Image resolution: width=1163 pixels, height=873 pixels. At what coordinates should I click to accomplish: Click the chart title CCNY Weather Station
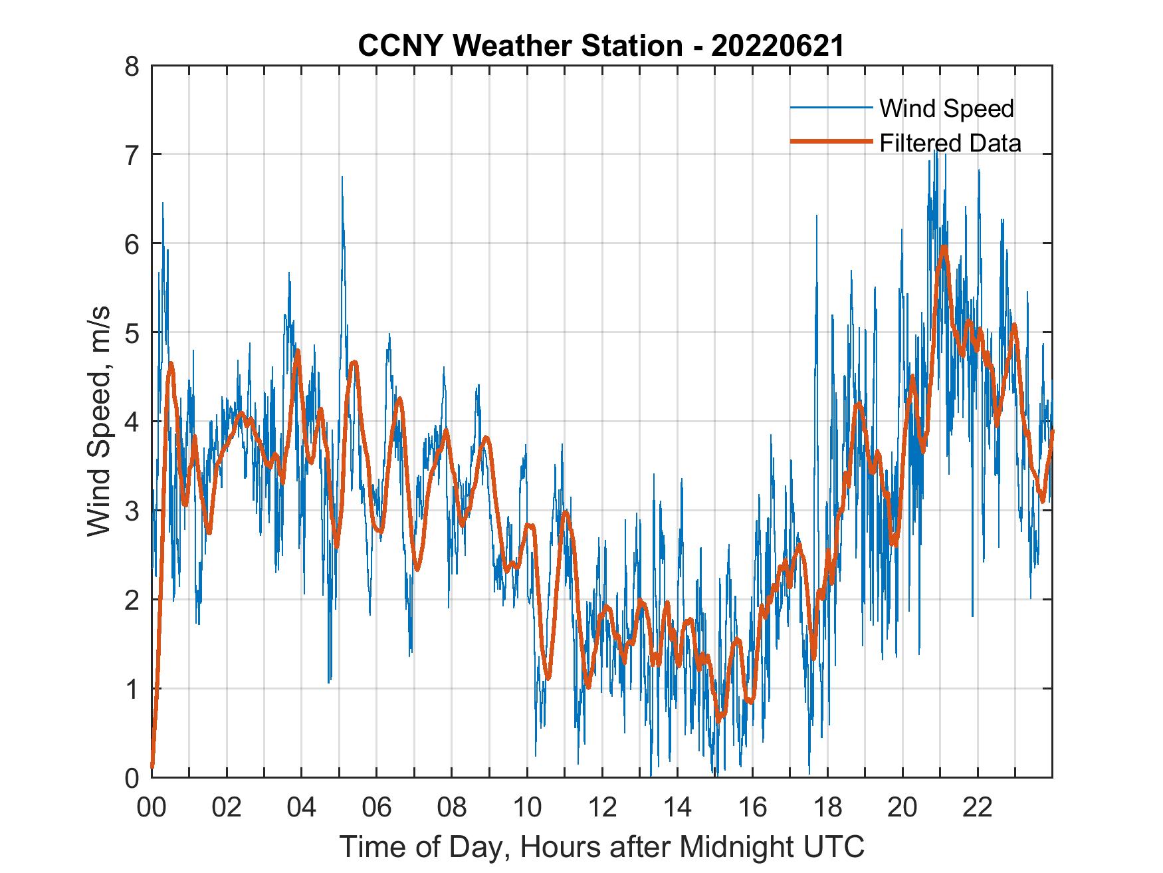point(520,46)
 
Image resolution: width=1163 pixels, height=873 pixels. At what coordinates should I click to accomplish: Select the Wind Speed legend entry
point(946,108)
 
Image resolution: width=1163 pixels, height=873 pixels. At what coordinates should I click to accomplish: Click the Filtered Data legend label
point(950,143)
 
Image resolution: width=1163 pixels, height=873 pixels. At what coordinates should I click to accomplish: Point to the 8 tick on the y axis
point(138,66)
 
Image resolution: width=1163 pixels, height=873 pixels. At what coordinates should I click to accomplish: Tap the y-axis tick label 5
point(138,333)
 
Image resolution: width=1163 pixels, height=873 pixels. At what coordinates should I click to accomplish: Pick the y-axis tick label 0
point(138,777)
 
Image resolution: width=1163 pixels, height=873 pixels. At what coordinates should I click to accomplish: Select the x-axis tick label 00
point(152,809)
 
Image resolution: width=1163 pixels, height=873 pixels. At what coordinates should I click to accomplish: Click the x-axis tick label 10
point(527,809)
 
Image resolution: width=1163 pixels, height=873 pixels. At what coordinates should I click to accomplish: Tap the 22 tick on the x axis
point(978,809)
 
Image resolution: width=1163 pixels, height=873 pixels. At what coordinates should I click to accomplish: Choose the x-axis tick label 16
point(752,809)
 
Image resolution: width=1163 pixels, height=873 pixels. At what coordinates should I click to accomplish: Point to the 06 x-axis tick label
point(377,809)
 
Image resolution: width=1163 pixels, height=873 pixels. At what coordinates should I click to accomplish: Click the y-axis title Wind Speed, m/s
point(100,422)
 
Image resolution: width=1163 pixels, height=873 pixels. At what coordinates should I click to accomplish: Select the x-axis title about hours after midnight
point(602,846)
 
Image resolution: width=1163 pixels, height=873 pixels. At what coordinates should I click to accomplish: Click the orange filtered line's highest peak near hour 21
point(944,247)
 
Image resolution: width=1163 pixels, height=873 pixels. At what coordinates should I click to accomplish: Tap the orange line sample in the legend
point(831,142)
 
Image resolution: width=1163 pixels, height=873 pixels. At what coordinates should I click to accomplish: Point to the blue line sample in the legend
point(831,107)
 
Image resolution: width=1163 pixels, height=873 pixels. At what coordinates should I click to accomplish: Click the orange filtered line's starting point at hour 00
point(153,767)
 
